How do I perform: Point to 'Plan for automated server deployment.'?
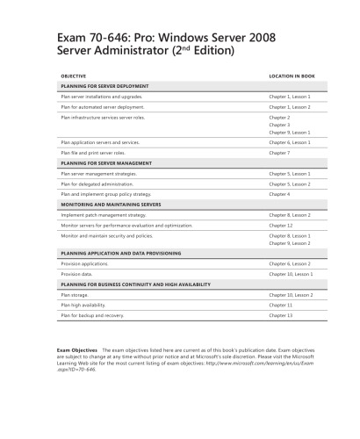coord(103,106)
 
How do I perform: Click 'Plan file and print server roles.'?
coord(94,152)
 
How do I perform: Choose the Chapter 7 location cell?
coord(280,152)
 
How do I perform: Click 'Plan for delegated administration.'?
coord(99,184)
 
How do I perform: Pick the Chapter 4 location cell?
coord(280,193)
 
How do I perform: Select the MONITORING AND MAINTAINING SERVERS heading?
coord(111,204)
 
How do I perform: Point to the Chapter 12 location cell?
coord(281,225)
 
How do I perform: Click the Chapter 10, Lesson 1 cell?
coord(291,273)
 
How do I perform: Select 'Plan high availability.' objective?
coord(84,304)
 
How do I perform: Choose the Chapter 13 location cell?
coord(281,314)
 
